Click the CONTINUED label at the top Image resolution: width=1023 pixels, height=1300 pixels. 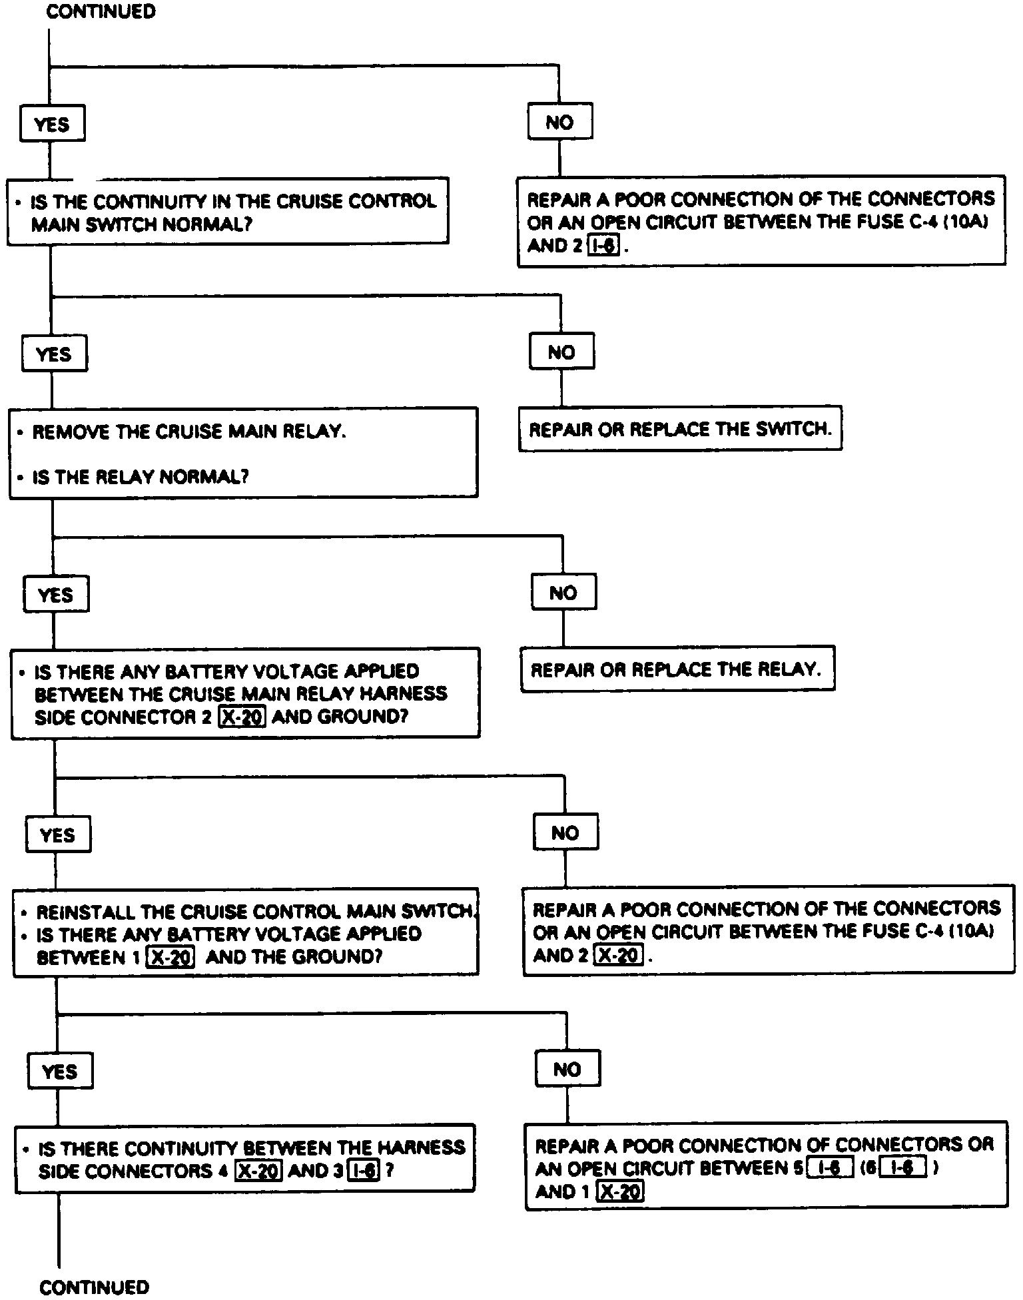(x=101, y=12)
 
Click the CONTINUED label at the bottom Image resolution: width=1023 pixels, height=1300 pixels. (x=95, y=1287)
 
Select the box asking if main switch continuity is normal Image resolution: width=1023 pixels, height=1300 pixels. (x=228, y=211)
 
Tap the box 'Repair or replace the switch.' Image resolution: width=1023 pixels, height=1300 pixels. (x=680, y=429)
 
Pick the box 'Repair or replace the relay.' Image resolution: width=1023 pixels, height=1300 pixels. (x=677, y=669)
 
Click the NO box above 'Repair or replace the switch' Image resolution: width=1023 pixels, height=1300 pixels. (x=561, y=352)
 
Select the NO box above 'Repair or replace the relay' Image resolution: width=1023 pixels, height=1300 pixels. (x=563, y=592)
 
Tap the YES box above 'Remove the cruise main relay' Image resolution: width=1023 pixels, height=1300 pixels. (x=54, y=354)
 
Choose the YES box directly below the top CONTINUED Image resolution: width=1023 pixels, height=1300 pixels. (x=52, y=124)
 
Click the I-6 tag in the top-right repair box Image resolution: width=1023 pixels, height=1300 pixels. (x=603, y=246)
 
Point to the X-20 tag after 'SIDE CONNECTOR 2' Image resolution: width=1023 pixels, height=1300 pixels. (x=242, y=717)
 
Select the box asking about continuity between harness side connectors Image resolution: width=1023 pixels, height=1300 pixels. (x=244, y=1159)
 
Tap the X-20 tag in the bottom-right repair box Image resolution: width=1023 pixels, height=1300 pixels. (x=620, y=1191)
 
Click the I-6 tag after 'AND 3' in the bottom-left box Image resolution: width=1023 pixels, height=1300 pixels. (x=364, y=1170)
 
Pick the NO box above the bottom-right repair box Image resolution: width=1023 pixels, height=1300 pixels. (x=567, y=1069)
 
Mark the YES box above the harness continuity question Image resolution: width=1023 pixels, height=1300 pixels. (x=60, y=1071)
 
